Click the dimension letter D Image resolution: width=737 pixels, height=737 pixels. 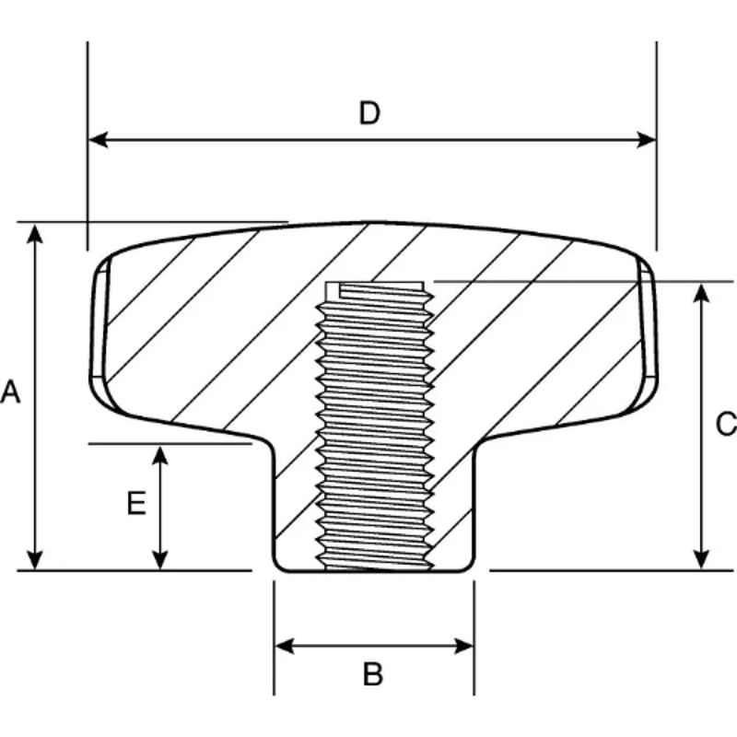[x=369, y=113]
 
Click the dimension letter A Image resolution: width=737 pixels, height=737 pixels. [x=10, y=392]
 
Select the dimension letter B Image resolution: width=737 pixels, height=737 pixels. [x=373, y=674]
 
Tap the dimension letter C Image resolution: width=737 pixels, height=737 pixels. [x=727, y=424]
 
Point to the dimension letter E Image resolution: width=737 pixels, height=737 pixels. [x=136, y=503]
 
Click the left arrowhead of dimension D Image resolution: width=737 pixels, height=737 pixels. [x=99, y=140]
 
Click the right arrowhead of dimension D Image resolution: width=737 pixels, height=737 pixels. [x=646, y=140]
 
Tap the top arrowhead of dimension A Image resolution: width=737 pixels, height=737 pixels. [x=35, y=234]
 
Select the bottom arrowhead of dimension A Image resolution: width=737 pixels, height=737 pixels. [x=35, y=560]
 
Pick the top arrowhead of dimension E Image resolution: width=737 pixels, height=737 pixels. [x=160, y=455]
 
